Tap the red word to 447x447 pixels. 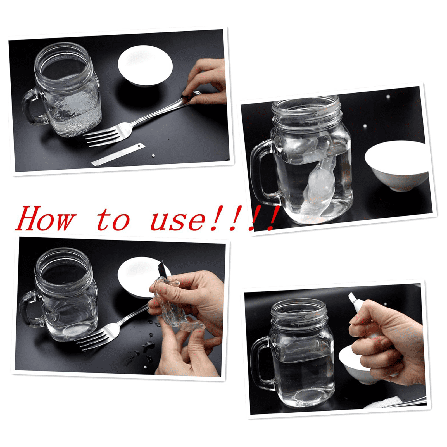pyautogui.click(x=113, y=220)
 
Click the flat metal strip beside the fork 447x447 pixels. pyautogui.click(x=118, y=154)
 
